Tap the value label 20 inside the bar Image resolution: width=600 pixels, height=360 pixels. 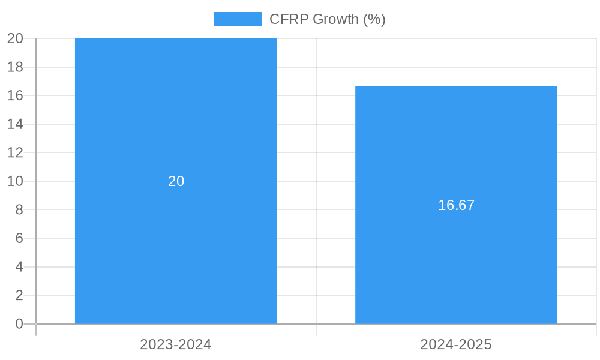coord(176,181)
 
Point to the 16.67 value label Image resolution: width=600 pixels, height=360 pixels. coord(456,205)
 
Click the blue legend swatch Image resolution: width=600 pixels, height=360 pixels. coord(238,19)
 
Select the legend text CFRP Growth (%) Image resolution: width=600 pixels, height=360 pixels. coord(327,19)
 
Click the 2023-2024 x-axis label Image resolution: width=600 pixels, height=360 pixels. coord(176,344)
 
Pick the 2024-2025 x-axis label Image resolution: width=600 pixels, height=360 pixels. coord(456,344)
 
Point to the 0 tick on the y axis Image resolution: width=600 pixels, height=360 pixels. coord(19,324)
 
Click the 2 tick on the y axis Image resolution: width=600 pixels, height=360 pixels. coord(19,295)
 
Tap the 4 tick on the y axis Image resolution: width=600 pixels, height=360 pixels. coord(19,267)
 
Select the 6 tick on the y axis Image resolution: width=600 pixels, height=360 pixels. coord(19,238)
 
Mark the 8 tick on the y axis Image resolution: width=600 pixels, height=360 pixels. coord(19,209)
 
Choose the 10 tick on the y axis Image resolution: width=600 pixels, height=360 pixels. coord(15,181)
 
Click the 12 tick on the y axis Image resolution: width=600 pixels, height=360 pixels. coord(15,152)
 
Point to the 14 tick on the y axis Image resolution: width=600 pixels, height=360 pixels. coord(15,124)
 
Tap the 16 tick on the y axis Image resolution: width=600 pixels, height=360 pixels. coord(15,95)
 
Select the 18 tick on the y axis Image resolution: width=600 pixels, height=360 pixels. coord(15,67)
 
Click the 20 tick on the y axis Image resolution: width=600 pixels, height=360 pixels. coord(15,38)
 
